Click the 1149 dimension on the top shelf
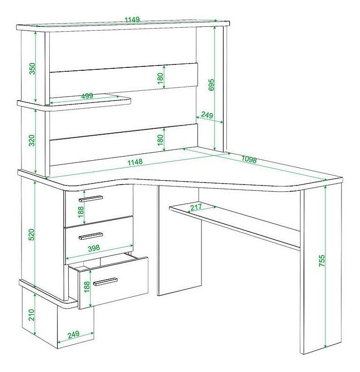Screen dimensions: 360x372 point(132,20)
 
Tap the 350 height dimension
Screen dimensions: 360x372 point(32,68)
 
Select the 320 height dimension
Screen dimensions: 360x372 point(32,141)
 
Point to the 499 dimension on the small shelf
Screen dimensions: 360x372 point(87,96)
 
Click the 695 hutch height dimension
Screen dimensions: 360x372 point(211,84)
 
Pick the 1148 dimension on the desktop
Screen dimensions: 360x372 point(135,162)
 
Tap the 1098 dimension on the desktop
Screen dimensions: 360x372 point(249,160)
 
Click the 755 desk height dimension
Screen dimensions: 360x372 point(321,261)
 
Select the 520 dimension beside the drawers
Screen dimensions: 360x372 point(32,235)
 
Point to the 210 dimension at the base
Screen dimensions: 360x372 point(32,315)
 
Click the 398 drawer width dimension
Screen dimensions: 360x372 point(94,248)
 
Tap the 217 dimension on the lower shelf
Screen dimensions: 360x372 point(196,207)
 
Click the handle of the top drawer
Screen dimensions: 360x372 point(91,199)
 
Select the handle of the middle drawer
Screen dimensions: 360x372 point(91,236)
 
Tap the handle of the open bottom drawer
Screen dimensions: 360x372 point(105,282)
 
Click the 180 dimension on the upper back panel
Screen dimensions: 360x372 point(160,78)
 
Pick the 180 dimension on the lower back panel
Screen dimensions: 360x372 point(160,140)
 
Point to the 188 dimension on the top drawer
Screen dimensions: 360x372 point(81,212)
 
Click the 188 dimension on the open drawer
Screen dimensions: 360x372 point(87,287)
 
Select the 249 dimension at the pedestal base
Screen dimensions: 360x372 point(74,334)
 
